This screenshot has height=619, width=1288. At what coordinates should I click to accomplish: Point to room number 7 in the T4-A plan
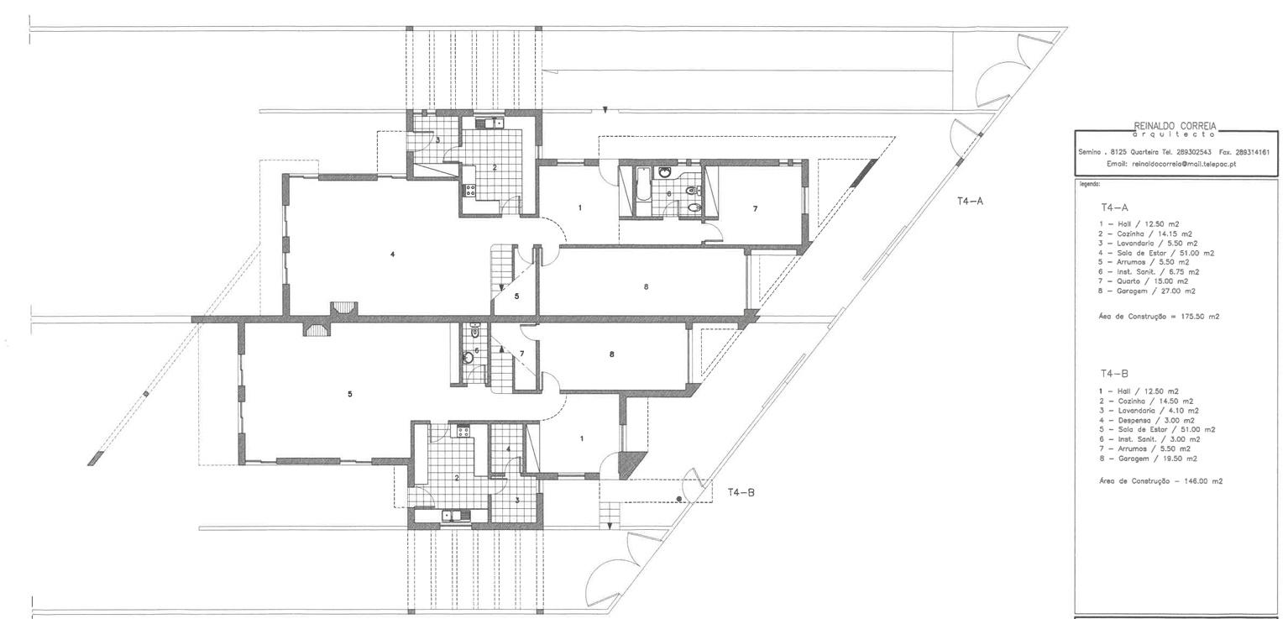point(755,209)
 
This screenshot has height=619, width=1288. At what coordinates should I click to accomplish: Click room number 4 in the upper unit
point(393,254)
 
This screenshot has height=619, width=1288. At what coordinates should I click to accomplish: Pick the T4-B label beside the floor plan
point(741,492)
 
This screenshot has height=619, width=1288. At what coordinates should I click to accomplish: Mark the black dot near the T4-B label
point(679,499)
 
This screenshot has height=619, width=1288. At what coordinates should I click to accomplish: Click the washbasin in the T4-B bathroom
point(469,358)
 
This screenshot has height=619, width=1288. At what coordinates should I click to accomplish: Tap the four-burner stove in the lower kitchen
point(463,431)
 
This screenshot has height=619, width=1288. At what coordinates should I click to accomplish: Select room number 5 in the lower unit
point(349,394)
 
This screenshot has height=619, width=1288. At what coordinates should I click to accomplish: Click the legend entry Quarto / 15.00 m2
point(1143,281)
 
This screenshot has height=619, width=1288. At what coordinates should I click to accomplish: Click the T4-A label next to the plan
point(970,202)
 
